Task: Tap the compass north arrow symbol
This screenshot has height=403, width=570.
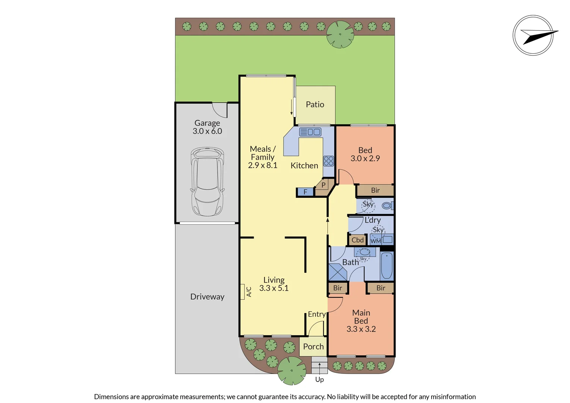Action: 533,35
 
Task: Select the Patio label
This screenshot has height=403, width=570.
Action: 315,104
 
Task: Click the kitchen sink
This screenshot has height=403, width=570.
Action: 310,132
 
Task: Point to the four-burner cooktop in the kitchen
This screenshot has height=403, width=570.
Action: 329,161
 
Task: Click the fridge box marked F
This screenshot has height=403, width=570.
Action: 305,192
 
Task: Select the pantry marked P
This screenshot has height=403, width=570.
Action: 323,185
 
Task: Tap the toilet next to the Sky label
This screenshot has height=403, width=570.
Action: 387,205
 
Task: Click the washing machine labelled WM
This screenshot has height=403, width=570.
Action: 375,241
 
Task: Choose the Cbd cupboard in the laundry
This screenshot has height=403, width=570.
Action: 357,240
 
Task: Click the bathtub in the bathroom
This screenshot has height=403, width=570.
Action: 387,266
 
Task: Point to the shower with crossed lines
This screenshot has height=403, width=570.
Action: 338,272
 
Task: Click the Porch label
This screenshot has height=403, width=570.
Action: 313,347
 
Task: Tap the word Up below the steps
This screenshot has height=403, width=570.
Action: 319,379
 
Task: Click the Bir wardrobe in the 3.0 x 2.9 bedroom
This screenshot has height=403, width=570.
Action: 375,190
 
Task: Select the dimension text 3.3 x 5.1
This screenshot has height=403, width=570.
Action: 274,288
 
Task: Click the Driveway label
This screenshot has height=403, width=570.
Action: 207,297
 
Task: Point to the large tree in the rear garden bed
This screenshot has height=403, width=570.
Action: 340,34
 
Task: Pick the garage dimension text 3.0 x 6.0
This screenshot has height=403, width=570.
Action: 207,131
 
